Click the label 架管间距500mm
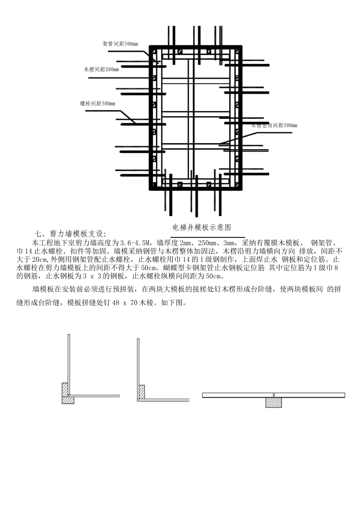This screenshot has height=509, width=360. (120, 44)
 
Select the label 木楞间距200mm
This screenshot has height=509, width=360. (101, 70)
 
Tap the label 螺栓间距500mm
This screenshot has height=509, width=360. (97, 103)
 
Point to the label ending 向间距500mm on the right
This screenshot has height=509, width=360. (275, 125)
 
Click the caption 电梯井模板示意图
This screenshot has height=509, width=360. (202, 227)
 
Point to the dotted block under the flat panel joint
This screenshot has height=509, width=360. (274, 402)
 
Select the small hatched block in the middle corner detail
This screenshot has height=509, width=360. (142, 392)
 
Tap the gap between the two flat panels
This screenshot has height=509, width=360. (274, 395)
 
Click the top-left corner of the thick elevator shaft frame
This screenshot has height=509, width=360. (151, 48)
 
